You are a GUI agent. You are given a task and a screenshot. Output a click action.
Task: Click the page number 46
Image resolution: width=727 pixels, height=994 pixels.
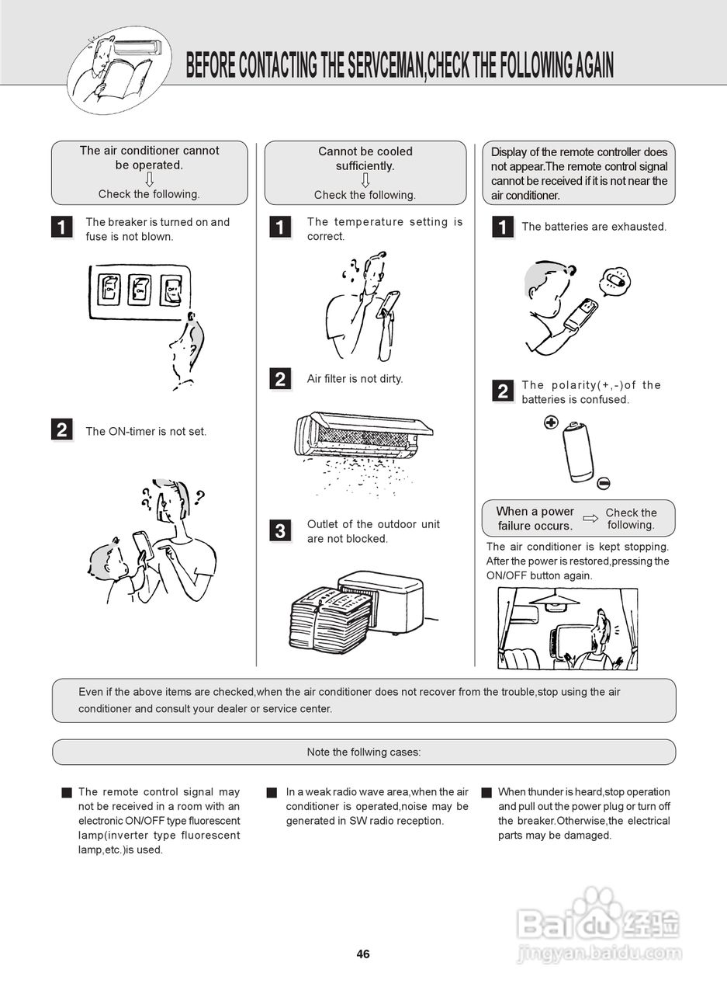(363, 954)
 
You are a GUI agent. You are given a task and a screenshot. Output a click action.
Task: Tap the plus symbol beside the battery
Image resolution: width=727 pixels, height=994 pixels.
(551, 423)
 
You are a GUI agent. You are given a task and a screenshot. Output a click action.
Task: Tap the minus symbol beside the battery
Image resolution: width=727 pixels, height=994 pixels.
(604, 483)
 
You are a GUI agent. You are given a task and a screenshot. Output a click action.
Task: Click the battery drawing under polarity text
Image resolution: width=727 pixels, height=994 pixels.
(578, 453)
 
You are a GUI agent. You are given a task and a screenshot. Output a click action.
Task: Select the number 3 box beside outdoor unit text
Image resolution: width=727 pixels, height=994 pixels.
(280, 531)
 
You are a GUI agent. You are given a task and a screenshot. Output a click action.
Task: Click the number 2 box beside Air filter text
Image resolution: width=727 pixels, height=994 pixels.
(280, 379)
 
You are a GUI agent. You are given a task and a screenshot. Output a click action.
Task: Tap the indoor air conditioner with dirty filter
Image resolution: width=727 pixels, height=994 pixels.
(362, 434)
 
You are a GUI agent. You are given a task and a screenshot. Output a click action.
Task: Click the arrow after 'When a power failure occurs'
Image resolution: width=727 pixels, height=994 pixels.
(591, 518)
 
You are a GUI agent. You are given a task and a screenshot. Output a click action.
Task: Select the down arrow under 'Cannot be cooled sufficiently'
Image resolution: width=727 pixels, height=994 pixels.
(365, 180)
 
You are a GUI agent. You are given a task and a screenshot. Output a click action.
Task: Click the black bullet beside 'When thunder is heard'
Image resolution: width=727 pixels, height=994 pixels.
(486, 793)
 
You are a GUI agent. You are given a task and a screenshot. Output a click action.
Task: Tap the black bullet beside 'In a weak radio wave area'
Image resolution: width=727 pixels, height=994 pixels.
(272, 793)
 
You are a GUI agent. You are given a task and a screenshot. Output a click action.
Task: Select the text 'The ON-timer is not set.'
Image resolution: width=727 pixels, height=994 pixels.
(146, 431)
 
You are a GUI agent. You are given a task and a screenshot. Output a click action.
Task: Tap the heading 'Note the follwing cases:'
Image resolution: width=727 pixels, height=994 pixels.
(364, 752)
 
